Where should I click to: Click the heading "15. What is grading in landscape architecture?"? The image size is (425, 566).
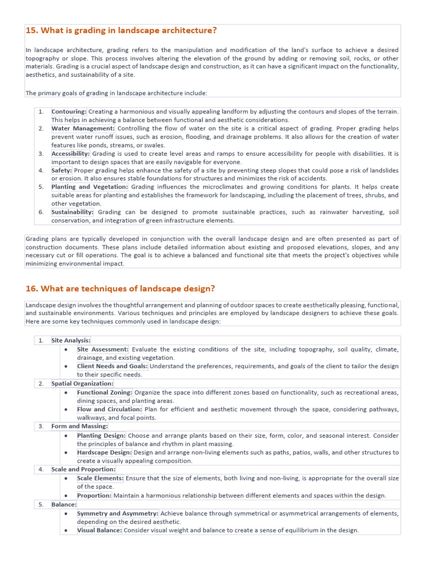point(121,30)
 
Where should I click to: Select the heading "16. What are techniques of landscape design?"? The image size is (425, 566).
point(120,289)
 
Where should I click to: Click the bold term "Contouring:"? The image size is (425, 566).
point(69,112)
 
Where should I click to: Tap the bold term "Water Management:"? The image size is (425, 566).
point(83,128)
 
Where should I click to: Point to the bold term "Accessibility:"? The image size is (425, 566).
point(70,154)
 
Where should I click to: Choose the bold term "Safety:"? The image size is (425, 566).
point(61,170)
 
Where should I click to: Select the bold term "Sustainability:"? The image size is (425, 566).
point(72,212)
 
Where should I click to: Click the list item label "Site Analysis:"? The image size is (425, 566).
point(71,340)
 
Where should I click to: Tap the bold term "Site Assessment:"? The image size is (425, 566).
point(103,349)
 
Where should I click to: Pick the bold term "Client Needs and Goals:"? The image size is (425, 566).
point(112,366)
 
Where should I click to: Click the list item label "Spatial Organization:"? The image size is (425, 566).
point(82,383)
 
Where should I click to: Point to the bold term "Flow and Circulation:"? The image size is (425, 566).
point(110,409)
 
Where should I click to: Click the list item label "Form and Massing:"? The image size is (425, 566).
point(80,426)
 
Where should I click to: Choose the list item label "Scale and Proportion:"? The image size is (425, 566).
point(84,469)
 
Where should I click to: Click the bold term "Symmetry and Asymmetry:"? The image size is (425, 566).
point(117,513)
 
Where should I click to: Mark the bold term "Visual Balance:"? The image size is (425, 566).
point(100,530)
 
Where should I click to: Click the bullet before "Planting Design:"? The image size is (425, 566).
point(66,436)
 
